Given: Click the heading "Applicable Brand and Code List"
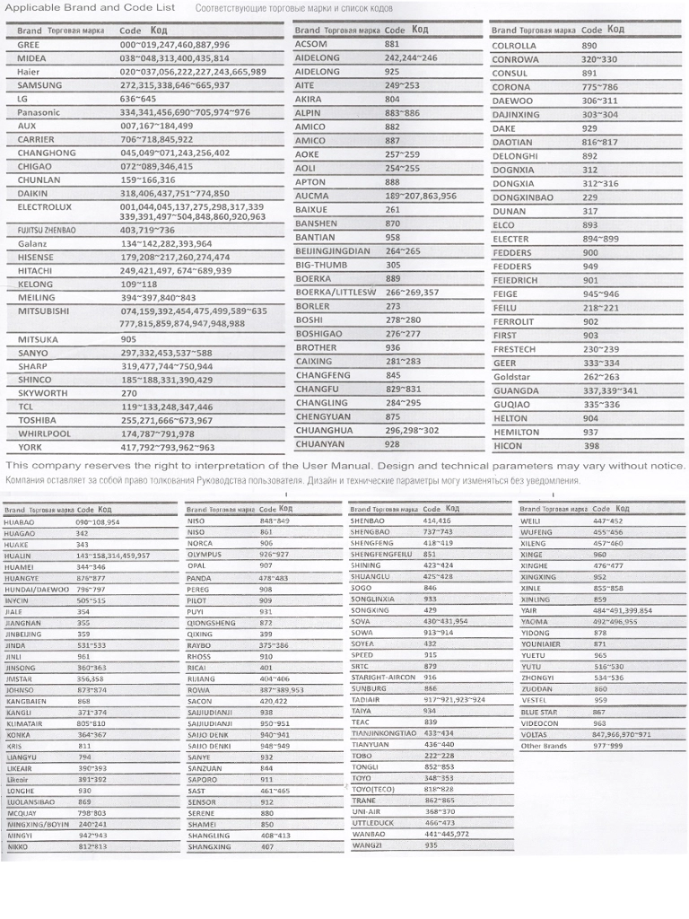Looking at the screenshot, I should click(x=91, y=8).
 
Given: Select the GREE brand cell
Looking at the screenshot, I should click(x=29, y=44).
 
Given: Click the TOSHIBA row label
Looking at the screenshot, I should click(x=38, y=420).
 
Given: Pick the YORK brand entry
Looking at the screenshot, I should click(x=30, y=447).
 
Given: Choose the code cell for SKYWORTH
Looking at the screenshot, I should click(x=129, y=393).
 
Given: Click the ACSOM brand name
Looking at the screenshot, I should click(x=311, y=43).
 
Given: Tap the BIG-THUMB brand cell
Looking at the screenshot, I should click(x=321, y=265).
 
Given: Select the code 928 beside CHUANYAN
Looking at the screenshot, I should click(x=393, y=443).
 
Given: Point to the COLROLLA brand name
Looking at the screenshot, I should click(x=514, y=45).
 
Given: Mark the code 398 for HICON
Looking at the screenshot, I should click(x=590, y=445).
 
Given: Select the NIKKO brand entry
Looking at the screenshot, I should click(x=18, y=846).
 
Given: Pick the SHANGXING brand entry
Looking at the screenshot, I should click(x=209, y=846).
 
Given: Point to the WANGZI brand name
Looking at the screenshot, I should click(x=366, y=845).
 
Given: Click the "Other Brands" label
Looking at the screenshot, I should click(x=544, y=746).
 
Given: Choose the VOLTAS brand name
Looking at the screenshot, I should click(x=535, y=734).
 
